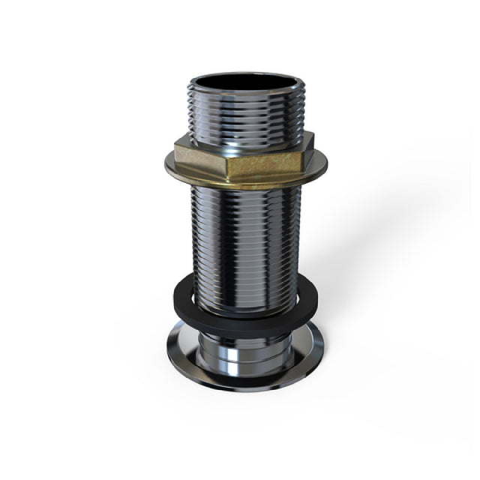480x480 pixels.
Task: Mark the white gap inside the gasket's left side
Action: pyautogui.click(x=188, y=295)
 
